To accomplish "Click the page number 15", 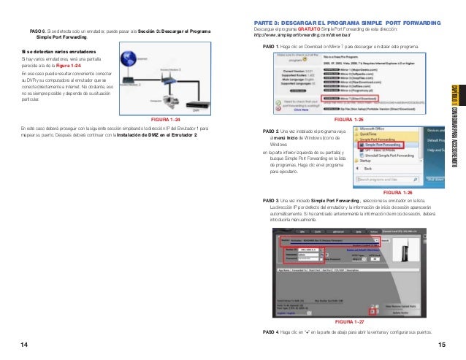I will [442, 344].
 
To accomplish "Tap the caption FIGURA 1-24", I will [164, 119].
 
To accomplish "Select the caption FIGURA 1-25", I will [348, 119].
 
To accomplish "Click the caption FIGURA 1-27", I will [348, 321].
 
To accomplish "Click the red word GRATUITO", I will [301, 28].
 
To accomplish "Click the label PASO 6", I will [37, 31].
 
